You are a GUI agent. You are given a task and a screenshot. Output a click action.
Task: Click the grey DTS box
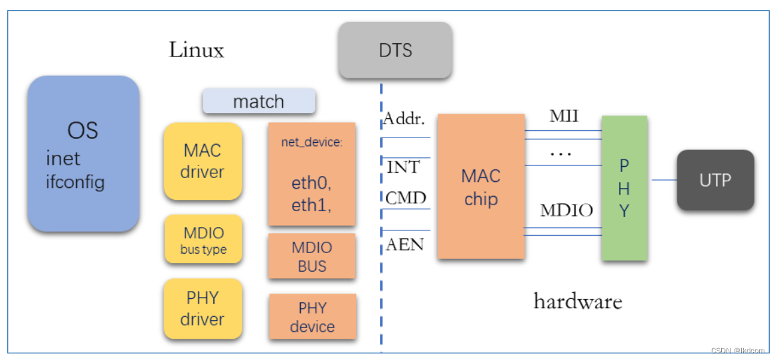[x=395, y=50]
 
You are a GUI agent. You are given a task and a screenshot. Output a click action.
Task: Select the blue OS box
[x=83, y=153]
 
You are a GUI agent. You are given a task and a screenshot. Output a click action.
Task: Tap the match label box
[x=258, y=102]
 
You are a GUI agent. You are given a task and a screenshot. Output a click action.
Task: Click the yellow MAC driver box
[x=203, y=161]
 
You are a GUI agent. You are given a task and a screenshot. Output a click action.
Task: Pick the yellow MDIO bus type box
[x=203, y=240]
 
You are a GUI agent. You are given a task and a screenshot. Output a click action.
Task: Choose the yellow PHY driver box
[x=203, y=309]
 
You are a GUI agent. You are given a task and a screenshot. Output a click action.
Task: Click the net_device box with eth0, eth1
[x=311, y=174]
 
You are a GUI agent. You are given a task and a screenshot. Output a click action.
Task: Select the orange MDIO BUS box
[x=311, y=256]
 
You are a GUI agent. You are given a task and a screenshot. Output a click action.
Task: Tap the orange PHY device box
[x=312, y=317]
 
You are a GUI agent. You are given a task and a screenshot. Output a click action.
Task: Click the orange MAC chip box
[x=481, y=187]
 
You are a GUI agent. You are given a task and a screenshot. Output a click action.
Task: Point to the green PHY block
[x=624, y=188]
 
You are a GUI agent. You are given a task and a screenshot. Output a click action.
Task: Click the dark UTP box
[x=715, y=180]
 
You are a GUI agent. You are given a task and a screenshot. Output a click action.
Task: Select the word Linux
[x=196, y=50]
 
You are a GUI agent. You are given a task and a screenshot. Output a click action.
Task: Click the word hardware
[x=578, y=302]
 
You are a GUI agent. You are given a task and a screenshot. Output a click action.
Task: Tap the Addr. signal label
[x=403, y=120]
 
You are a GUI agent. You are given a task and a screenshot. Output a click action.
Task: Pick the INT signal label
[x=403, y=167]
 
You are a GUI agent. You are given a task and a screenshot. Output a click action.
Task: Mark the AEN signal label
[x=404, y=244]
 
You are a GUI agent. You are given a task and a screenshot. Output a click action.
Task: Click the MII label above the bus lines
[x=564, y=117]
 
